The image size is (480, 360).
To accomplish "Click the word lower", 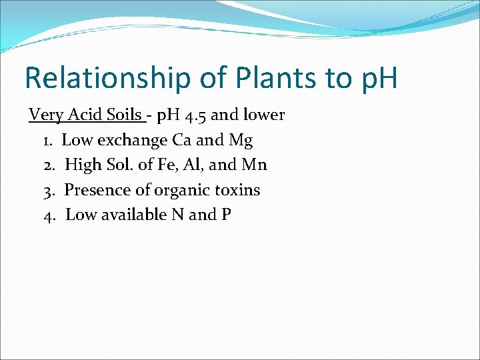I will coord(263,115).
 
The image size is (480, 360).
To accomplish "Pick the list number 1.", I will coord(48,141).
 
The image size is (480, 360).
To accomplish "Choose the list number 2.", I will coord(48,165).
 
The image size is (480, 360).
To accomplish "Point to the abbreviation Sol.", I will coord(118,165).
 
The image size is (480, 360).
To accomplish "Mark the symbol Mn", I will coord(255,165).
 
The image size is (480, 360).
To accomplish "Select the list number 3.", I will coord(48,190).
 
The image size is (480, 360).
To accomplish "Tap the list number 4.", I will coord(48,215).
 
